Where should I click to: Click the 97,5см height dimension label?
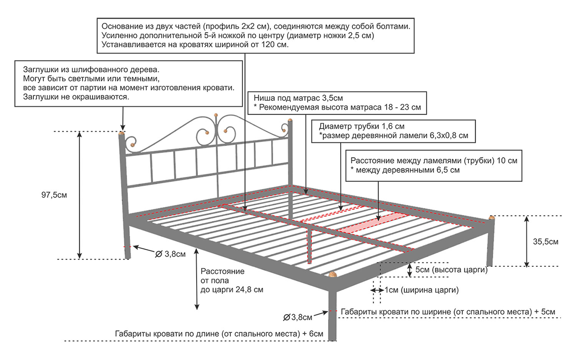coord(54,195)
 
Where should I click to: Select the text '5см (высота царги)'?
coord(451,270)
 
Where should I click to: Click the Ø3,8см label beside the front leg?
coord(298,317)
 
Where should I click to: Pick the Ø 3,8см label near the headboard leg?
coord(170,253)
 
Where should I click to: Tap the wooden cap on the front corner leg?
coord(333,274)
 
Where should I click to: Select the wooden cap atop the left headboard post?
coord(121,133)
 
